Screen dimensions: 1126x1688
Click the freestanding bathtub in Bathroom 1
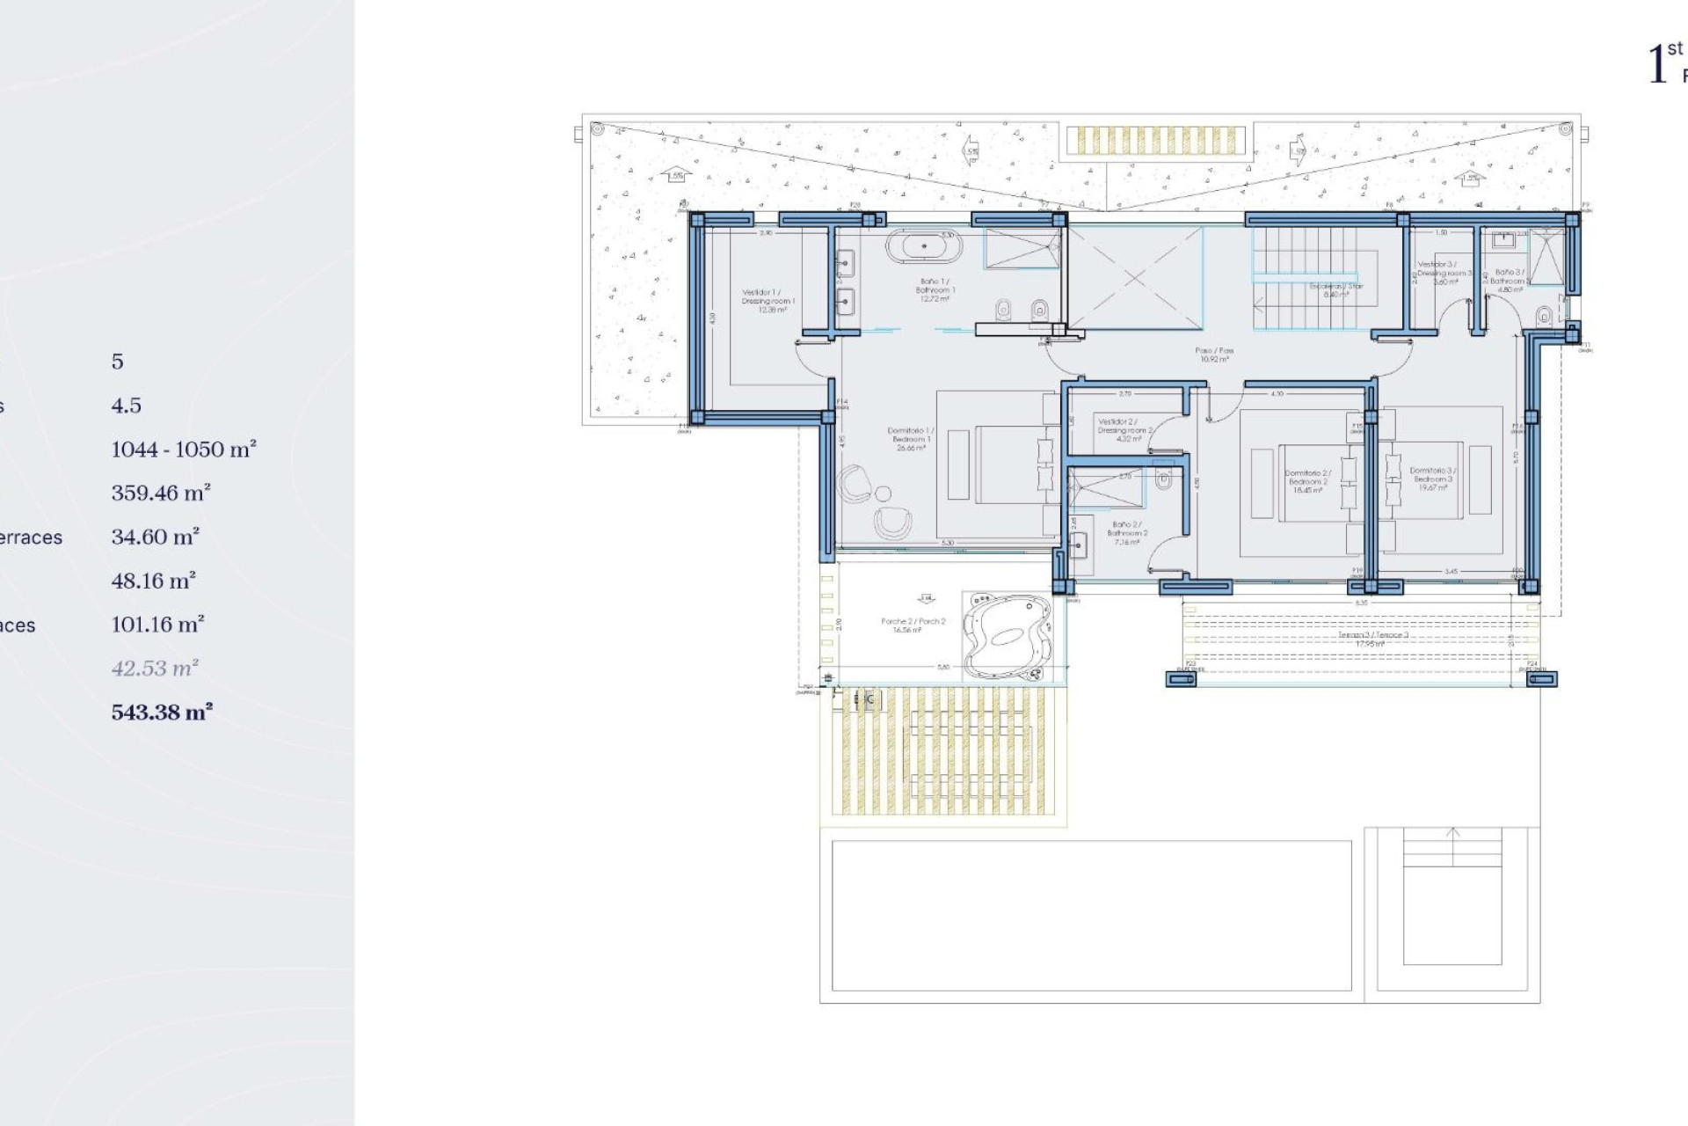[924, 246]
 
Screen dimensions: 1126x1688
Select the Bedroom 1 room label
[911, 439]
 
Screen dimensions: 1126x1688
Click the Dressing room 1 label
[768, 301]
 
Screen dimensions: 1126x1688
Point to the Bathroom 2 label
[1127, 533]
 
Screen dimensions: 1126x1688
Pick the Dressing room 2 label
[1124, 430]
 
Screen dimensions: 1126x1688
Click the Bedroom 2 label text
[1308, 481]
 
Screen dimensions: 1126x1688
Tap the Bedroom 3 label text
[1433, 479]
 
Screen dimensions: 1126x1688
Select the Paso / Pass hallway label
[1214, 355]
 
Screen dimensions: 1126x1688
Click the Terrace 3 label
[1372, 638]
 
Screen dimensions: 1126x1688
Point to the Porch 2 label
[913, 625]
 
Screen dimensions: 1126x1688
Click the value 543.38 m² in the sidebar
[162, 712]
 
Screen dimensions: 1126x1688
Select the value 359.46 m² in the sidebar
[161, 493]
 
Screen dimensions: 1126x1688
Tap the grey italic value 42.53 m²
[155, 669]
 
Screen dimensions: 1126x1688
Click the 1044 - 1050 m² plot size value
[183, 450]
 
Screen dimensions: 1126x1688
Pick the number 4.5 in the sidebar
[126, 406]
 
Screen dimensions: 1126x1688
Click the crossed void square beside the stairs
[1135, 277]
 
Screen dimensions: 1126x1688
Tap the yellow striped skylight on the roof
[1156, 141]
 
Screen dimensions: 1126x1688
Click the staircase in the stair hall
[1314, 277]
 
